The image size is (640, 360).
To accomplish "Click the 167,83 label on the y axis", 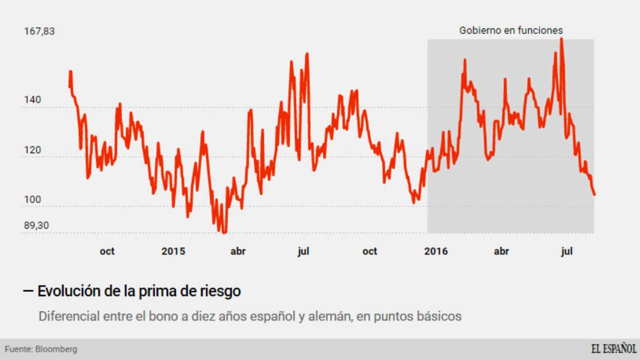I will [x=39, y=31].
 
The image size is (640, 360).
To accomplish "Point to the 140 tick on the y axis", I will [x=33, y=100].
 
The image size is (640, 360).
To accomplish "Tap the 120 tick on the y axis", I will [x=33, y=150].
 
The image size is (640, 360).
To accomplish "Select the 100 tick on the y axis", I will [x=33, y=199].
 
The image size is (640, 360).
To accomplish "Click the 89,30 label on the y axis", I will [x=36, y=225].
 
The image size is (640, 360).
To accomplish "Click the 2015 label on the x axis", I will [x=173, y=251].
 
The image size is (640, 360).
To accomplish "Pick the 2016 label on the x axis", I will [x=436, y=251].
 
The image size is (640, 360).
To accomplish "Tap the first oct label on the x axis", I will [x=107, y=251].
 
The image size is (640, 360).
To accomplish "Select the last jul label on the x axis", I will [x=566, y=251].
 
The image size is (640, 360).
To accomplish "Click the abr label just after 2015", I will [x=238, y=251].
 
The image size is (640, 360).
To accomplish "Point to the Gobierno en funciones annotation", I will [x=511, y=30].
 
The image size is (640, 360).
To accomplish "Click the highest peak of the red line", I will [x=561, y=39].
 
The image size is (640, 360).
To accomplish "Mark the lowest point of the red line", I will [x=224, y=232].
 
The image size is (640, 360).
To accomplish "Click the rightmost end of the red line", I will [x=595, y=195].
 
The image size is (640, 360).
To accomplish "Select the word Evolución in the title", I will [x=69, y=291].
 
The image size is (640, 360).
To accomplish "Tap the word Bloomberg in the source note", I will [x=56, y=349].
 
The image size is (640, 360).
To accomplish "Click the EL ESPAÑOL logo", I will [x=614, y=349].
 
